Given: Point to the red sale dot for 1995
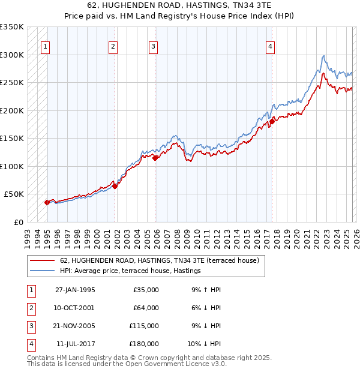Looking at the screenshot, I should pos(47,202).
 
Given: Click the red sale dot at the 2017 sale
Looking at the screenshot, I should pos(272,122).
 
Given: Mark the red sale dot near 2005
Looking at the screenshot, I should pos(155,158).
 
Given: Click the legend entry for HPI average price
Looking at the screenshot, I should pos(130,271).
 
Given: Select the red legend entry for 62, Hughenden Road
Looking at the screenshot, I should pos(159,261).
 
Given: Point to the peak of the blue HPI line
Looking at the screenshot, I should pos(323,56).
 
